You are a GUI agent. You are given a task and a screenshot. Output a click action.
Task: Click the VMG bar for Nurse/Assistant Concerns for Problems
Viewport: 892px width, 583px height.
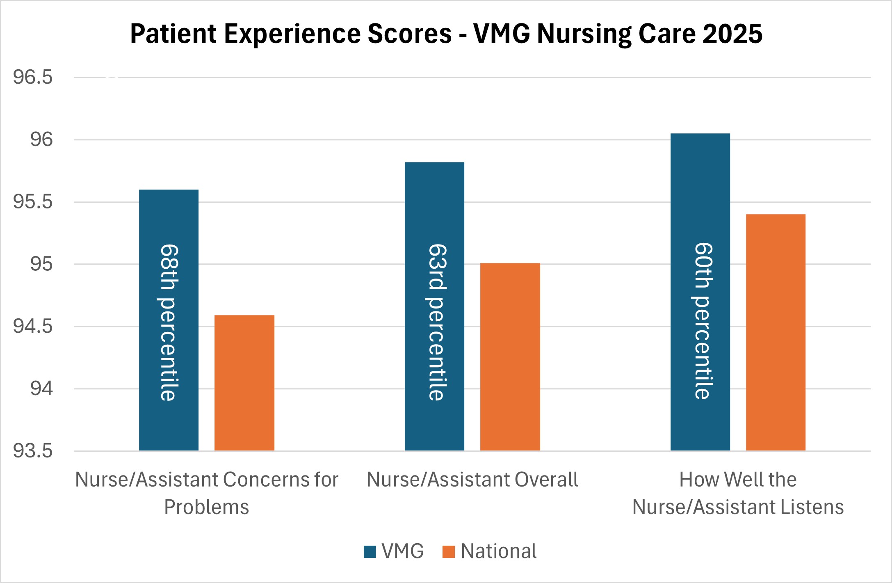(x=169, y=320)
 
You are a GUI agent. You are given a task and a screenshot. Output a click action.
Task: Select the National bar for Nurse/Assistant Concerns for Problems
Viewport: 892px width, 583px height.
(x=244, y=383)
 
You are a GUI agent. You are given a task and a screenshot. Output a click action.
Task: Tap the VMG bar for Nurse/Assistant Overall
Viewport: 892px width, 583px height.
(x=434, y=306)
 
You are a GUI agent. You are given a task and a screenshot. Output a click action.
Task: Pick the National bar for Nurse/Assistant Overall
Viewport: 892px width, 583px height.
(x=510, y=357)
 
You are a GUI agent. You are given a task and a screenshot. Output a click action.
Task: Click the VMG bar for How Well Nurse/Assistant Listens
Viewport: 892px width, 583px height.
(x=700, y=292)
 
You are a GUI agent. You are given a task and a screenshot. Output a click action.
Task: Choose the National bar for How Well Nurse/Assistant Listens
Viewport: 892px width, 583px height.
(x=776, y=332)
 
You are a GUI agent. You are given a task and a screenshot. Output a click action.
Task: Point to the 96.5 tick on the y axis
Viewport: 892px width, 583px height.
(x=33, y=77)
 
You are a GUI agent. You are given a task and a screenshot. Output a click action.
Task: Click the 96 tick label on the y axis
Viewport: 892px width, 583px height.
(x=41, y=139)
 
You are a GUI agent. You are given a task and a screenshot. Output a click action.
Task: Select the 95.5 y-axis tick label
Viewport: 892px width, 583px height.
(x=33, y=202)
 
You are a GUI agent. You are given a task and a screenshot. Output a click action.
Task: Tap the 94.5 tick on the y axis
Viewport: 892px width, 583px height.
(x=33, y=327)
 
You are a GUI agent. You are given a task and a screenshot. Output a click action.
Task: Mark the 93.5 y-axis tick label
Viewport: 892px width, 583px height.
(x=33, y=451)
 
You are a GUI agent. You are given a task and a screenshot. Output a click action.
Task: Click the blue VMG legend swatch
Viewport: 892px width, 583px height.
(x=370, y=552)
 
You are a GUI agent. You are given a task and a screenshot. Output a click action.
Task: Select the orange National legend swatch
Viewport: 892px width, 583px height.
(x=449, y=552)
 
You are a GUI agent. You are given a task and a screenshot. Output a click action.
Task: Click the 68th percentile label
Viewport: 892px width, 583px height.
(x=169, y=322)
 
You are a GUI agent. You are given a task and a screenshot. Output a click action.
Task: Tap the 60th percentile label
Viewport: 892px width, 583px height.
(x=702, y=321)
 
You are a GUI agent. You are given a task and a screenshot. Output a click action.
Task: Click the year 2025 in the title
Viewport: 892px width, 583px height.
(x=732, y=34)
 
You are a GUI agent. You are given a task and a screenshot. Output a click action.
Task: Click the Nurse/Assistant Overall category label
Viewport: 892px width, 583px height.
(x=472, y=479)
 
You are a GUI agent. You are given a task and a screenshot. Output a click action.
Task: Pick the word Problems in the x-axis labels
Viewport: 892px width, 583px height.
(x=207, y=507)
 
